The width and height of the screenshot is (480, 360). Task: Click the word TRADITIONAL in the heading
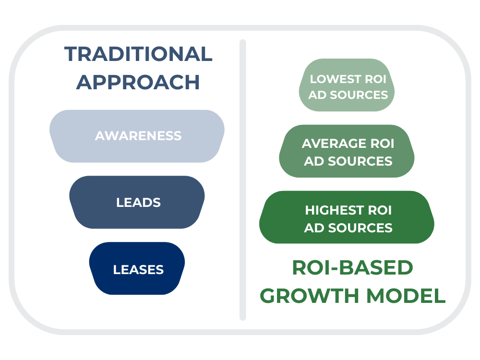click(x=138, y=54)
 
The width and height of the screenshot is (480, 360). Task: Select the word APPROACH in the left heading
click(x=138, y=82)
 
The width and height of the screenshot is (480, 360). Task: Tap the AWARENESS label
click(x=138, y=136)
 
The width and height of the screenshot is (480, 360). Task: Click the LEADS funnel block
click(x=137, y=202)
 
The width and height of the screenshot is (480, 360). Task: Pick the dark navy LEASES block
click(x=137, y=268)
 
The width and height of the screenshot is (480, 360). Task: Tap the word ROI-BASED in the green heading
click(x=353, y=267)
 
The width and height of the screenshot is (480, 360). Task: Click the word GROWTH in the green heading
click(x=310, y=296)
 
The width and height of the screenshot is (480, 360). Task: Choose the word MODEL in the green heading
click(x=406, y=296)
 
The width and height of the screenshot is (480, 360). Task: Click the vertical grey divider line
click(x=243, y=180)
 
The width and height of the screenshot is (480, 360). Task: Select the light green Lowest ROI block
click(x=347, y=85)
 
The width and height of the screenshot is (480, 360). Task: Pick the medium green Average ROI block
click(x=347, y=151)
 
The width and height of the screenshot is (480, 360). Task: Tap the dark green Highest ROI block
click(x=347, y=217)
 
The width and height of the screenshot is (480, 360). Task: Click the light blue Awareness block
click(x=137, y=136)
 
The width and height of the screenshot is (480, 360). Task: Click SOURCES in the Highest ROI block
click(x=360, y=228)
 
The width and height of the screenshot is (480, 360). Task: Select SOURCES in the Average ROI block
click(x=360, y=161)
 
